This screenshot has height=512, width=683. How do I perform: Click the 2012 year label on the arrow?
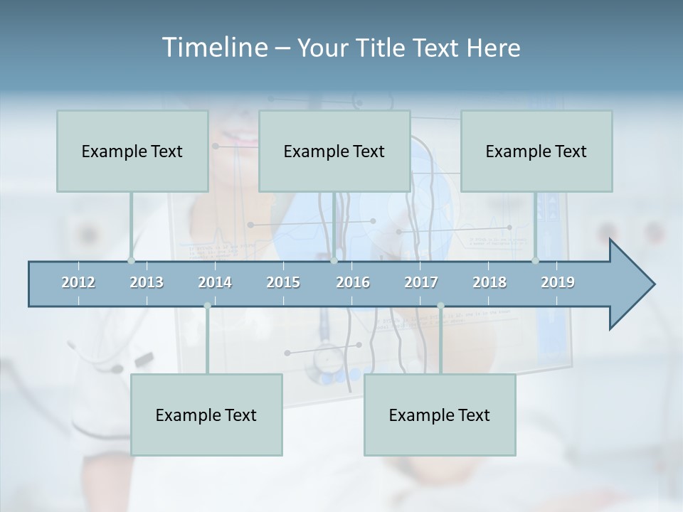point(78,282)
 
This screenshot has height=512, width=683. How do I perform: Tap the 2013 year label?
point(147,282)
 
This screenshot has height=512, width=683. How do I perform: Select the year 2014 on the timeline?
point(215,282)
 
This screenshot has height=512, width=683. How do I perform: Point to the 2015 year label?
point(283,282)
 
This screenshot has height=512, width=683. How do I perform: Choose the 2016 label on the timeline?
point(353,282)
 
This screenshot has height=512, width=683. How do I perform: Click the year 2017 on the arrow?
point(421,282)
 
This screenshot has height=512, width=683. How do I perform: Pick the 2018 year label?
point(489,282)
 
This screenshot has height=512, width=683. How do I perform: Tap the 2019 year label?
point(558,282)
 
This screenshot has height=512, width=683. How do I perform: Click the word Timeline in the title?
point(213,48)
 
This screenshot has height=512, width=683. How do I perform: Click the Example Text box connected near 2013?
point(132,151)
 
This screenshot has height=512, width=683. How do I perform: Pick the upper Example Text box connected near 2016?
point(334,151)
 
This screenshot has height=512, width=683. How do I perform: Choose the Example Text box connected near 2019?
point(536,151)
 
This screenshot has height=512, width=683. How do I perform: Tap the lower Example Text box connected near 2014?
point(206,415)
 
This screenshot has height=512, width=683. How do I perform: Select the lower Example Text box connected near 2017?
point(440,415)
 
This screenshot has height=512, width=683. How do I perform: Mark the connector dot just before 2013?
point(131,260)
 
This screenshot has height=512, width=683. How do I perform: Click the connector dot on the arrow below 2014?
point(207,306)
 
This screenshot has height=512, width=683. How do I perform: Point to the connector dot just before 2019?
point(535,260)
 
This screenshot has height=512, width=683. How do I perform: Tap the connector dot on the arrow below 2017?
point(440,306)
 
